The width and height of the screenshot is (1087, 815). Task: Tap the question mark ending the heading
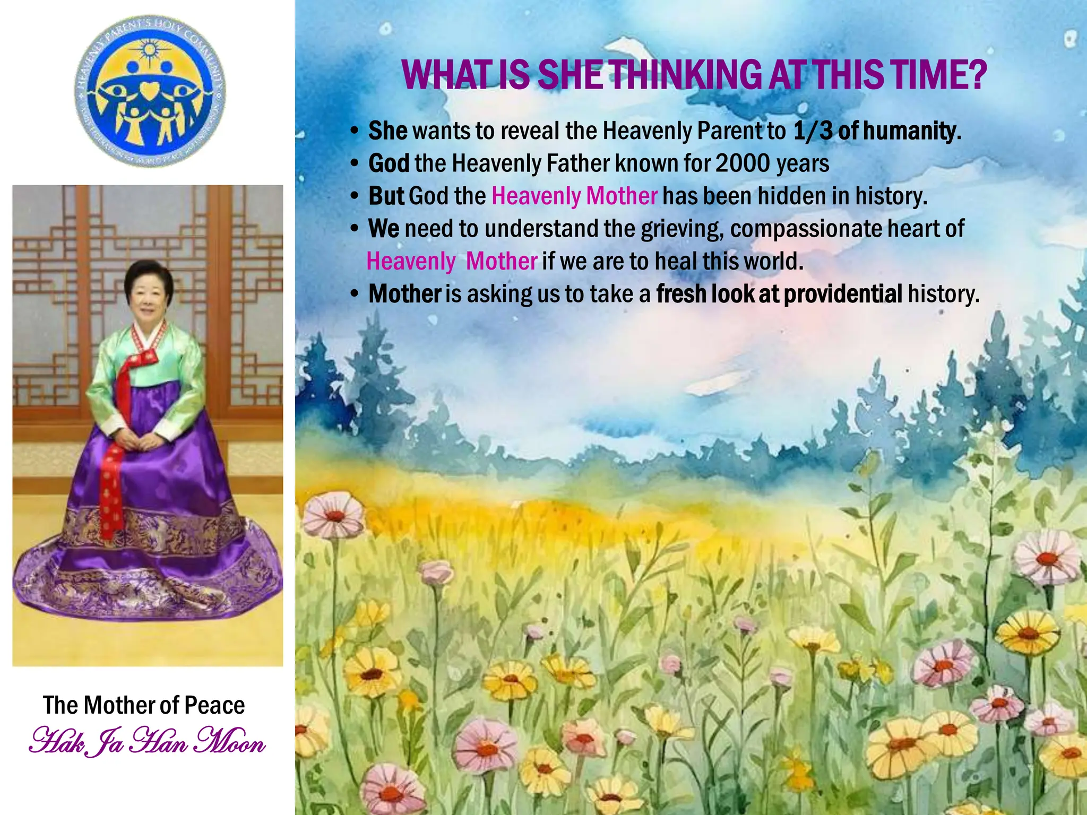975,75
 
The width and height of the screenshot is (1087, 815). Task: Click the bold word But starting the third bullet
386,196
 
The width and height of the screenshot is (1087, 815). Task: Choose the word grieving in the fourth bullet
682,229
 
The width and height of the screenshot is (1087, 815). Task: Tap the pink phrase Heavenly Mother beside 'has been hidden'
574,196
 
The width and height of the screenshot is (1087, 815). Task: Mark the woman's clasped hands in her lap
139,439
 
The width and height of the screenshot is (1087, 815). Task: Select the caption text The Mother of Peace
144,706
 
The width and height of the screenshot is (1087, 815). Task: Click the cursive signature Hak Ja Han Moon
147,742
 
